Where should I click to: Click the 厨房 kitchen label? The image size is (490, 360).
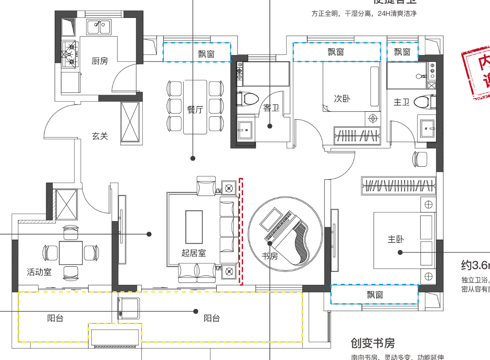pyautogui.click(x=100, y=61)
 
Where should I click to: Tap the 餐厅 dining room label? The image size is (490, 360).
pyautogui.click(x=195, y=110)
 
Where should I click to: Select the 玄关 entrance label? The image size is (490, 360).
pyautogui.click(x=100, y=136)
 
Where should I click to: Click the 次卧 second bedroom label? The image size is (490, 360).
pyautogui.click(x=342, y=98)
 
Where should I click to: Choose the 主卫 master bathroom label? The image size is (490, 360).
pyautogui.click(x=402, y=102)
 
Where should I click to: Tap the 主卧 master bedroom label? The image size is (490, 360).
pyautogui.click(x=396, y=239)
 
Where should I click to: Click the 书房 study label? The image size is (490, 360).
pyautogui.click(x=270, y=256)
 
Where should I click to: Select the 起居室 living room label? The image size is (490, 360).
pyautogui.click(x=194, y=253)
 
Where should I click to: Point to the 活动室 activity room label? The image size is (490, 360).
pyautogui.click(x=39, y=272)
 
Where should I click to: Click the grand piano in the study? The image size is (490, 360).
pyautogui.click(x=295, y=239)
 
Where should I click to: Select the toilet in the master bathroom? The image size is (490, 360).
pyautogui.click(x=423, y=102)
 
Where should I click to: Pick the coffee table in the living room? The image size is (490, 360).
pyautogui.click(x=194, y=226)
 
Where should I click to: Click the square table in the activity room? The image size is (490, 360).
pyautogui.click(x=71, y=253)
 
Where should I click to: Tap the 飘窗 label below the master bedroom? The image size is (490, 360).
pyautogui.click(x=375, y=295)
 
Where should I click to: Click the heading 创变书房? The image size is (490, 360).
pyautogui.click(x=373, y=343)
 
